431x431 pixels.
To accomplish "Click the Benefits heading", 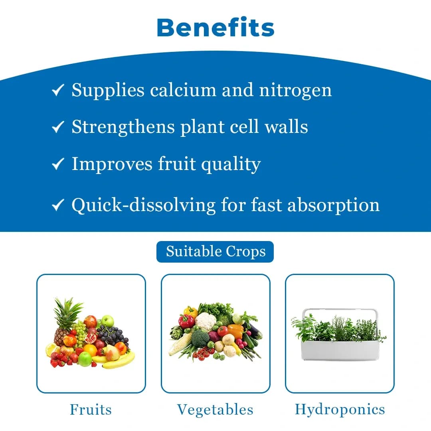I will coord(215,28).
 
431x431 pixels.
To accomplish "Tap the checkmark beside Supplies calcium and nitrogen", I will coord(58,91).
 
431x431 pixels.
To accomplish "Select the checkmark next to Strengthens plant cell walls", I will coord(58,127).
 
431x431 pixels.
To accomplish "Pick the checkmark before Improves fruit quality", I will coord(58,164).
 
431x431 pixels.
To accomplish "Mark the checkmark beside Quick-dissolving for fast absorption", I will coord(58,205).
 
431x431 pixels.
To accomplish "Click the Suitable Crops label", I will coord(215,252).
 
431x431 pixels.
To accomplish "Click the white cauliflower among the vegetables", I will coord(206,321).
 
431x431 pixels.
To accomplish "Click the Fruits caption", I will coord(91,410).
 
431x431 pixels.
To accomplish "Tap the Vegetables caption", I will coord(215,410).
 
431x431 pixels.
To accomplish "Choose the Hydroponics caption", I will coord(340,410).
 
